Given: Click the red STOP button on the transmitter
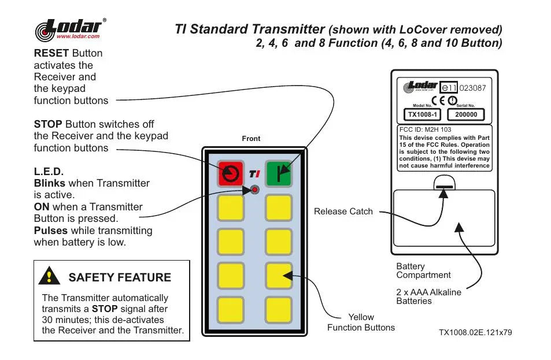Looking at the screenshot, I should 231,173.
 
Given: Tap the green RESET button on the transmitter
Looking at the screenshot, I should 279,173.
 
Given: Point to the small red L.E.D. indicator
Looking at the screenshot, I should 254,190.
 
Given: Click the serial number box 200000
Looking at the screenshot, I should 466,114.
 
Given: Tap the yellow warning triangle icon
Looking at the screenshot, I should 50,277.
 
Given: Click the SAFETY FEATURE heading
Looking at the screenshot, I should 120,277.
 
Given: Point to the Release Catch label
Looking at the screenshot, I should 343,211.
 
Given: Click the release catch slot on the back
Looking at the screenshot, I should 444,187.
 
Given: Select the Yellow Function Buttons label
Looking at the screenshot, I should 361,322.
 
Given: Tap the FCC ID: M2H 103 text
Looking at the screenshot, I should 426,130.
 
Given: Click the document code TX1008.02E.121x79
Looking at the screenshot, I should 475,332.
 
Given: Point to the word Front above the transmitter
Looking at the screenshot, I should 251,139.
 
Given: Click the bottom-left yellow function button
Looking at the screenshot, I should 231,310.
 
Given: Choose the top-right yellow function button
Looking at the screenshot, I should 279,207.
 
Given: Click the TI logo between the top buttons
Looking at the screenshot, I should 254,173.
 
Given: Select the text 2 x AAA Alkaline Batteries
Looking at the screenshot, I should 428,296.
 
